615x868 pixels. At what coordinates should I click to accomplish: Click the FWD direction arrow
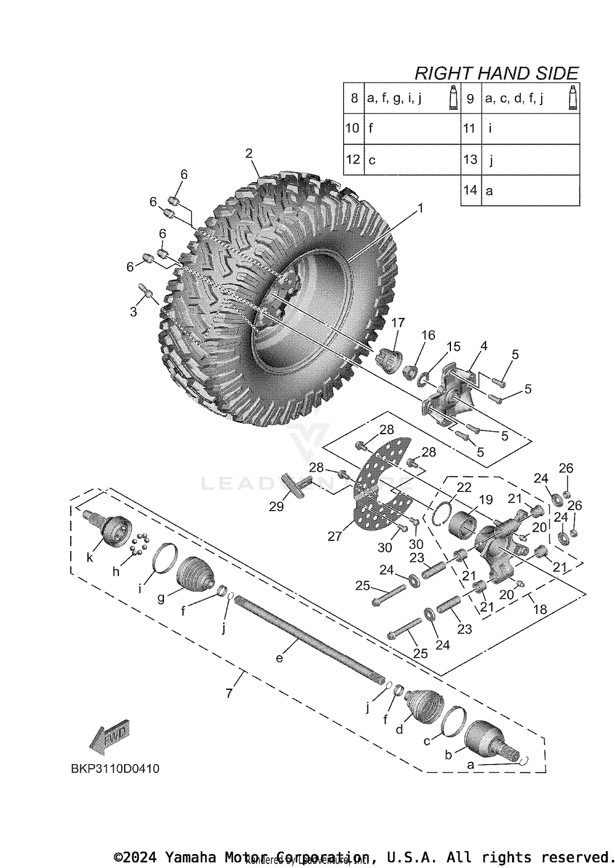[109, 737]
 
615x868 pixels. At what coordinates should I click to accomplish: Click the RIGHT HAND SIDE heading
[496, 73]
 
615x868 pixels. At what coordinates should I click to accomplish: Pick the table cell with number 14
[470, 190]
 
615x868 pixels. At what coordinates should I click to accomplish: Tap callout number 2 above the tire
[249, 153]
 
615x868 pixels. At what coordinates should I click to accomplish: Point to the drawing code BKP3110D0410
[115, 768]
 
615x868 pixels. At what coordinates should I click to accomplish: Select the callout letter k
[90, 558]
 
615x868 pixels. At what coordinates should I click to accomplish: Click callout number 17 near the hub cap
[398, 323]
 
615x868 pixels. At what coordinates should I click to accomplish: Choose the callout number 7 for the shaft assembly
[229, 693]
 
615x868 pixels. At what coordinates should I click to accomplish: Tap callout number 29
[276, 507]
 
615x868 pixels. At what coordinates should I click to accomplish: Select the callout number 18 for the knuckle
[540, 609]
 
